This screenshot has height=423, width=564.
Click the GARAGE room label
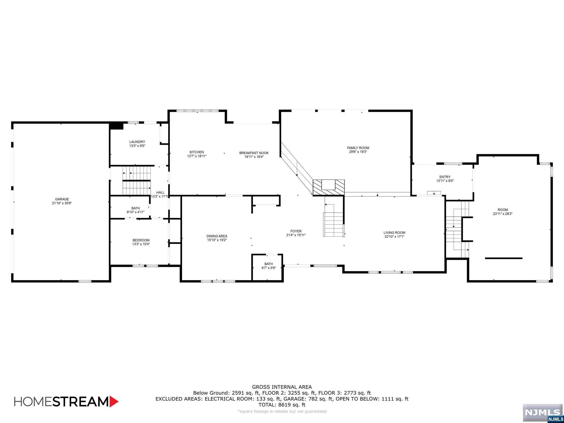pos(62,199)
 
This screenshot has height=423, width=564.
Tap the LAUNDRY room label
pos(137,142)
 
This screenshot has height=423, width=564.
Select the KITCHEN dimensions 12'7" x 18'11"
pos(197,156)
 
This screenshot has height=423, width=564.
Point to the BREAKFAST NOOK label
pos(254,153)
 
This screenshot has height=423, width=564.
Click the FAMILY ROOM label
pos(358,148)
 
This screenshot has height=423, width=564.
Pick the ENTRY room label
pos(445,177)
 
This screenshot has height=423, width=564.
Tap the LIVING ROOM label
pos(394,233)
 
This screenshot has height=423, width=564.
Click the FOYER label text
pos(296,231)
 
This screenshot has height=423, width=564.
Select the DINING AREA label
pos(217,236)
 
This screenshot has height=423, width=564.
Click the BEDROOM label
pos(141,240)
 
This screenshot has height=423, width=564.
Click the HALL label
pos(160,192)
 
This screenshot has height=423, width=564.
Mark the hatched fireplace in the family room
pos(329,187)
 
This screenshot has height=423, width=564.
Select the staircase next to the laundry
pos(137,180)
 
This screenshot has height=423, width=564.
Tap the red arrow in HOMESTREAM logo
pos(114,402)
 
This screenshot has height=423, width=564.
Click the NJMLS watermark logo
pos(542,413)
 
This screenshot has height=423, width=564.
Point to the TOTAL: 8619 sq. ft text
pos(282,405)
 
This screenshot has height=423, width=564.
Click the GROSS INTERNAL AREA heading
pos(282,387)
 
